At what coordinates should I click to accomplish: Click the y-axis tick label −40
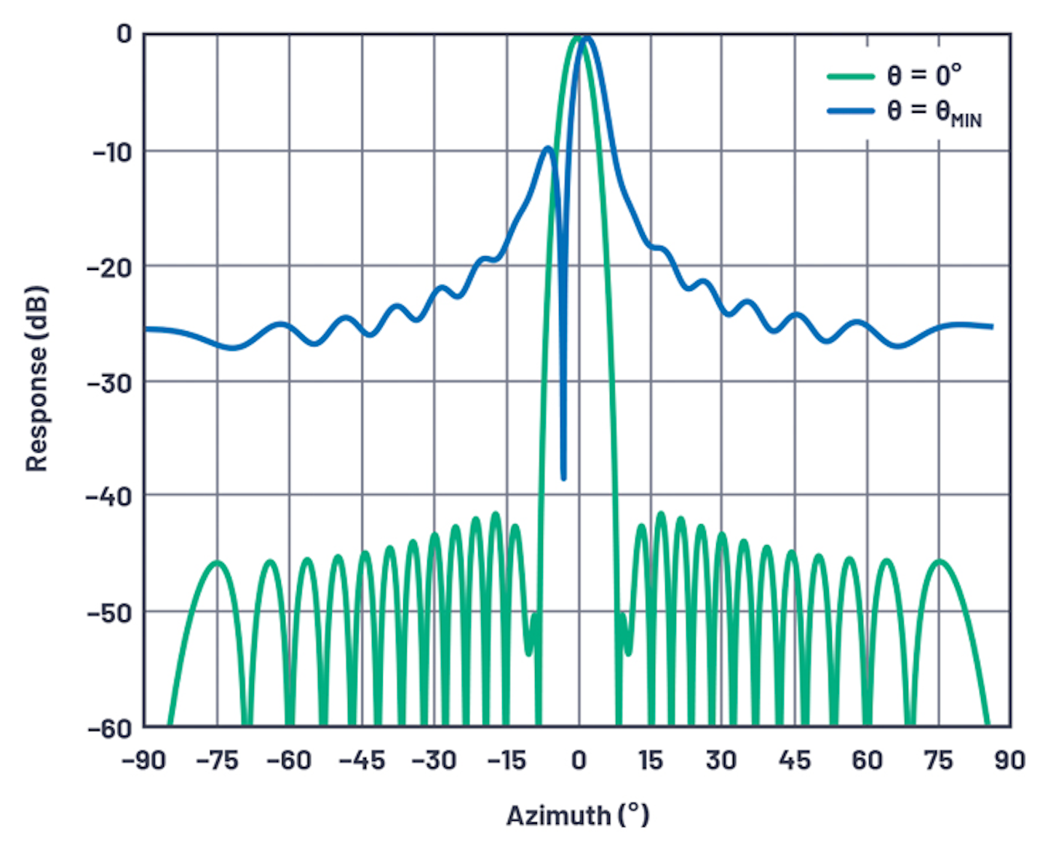coord(109,497)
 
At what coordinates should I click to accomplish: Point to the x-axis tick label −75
coord(217,760)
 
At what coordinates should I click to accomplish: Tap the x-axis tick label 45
coord(794,760)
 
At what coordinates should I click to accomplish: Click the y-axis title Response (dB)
coord(36,378)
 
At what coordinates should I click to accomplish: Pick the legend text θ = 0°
coord(924,74)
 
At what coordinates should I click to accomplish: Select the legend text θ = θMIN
coord(934,112)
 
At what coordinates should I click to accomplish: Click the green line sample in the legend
coord(850,76)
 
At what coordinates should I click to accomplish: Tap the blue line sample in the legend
coord(850,111)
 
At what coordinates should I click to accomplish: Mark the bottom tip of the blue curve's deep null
coord(563,478)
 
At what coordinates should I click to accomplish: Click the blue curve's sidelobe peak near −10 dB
coord(548,148)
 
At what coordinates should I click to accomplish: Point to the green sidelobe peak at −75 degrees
coord(217,562)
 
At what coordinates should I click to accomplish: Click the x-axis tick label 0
coord(579,760)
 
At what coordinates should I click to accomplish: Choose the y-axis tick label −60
coord(109,728)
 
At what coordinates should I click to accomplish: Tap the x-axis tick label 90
coord(1010,760)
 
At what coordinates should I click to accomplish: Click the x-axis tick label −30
coord(434,760)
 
